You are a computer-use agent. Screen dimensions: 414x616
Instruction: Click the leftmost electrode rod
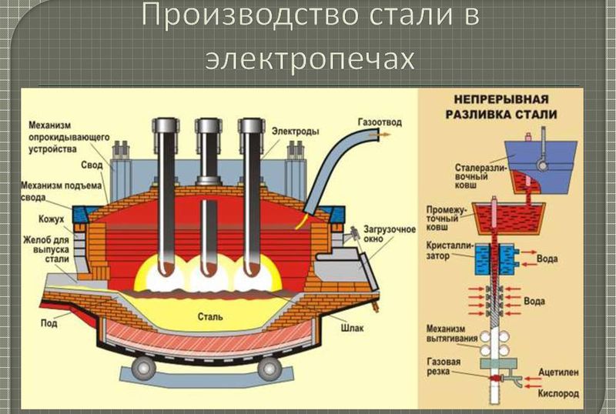point(164,200)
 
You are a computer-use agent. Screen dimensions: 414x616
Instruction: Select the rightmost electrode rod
point(250,200)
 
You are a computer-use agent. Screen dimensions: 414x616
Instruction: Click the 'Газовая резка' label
point(448,366)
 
